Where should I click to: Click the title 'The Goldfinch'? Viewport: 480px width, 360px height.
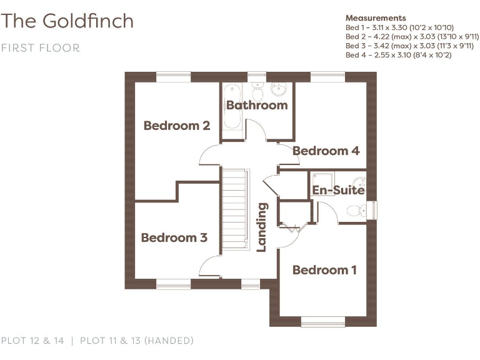click(67, 21)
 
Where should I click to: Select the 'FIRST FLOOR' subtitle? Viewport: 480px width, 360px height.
click(41, 48)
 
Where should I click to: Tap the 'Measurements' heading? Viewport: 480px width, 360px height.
click(375, 18)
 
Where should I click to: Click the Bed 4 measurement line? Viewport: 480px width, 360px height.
click(398, 55)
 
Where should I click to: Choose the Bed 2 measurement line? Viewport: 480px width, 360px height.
click(412, 37)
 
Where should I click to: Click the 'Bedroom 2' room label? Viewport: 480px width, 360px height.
click(176, 126)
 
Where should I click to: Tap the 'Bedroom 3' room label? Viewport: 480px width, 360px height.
click(174, 237)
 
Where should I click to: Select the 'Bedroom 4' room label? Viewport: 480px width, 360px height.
click(326, 151)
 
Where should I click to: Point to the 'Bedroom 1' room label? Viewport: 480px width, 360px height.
click(324, 270)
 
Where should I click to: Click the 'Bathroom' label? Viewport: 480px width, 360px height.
click(256, 105)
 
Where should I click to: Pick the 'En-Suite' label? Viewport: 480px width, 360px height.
click(338, 189)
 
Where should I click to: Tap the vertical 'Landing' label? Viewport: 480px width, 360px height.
click(262, 226)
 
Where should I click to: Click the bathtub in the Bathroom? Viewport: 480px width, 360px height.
click(232, 106)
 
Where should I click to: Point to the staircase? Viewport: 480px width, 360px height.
click(236, 209)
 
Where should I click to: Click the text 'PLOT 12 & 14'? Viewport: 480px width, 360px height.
click(32, 341)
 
